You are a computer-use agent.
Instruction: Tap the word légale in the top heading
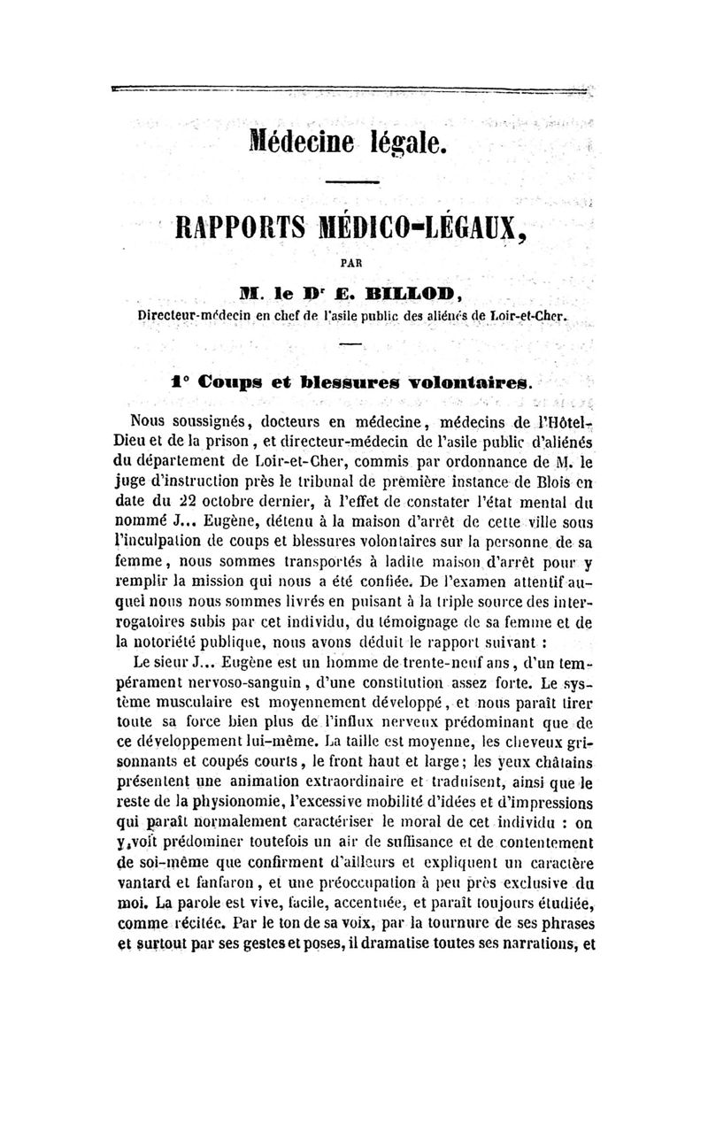tap(404, 143)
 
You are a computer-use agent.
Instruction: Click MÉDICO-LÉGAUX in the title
tap(427, 229)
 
